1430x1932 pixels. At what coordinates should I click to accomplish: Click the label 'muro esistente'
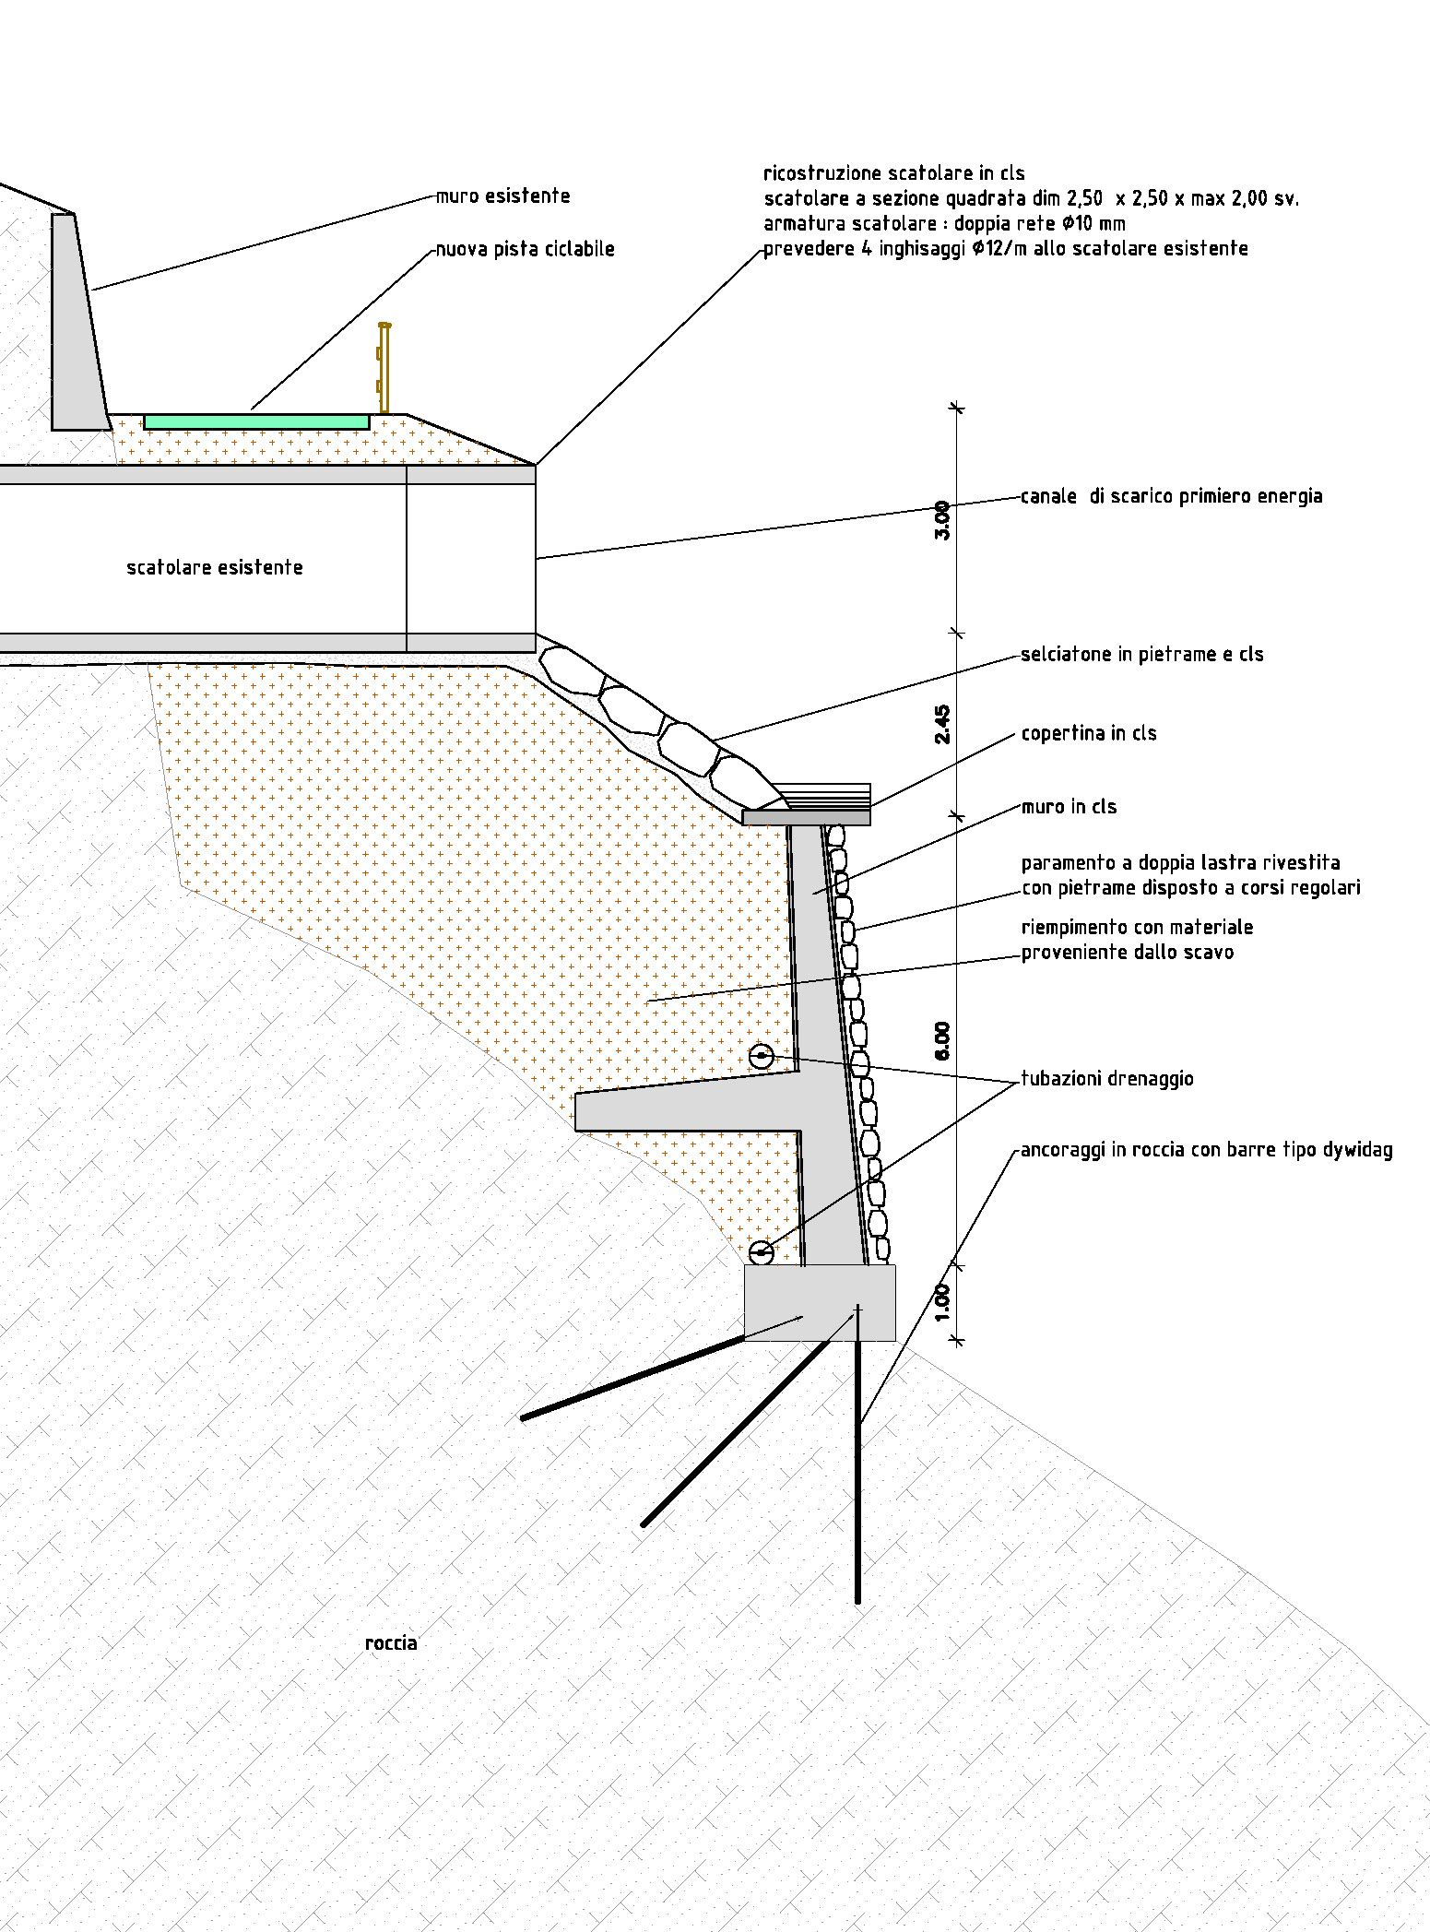point(502,196)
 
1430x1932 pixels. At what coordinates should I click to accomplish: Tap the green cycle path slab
point(256,421)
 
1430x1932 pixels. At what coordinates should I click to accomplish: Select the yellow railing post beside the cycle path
point(384,369)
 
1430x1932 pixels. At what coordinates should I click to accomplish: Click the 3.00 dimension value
point(941,520)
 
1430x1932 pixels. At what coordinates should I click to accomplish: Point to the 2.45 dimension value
point(941,724)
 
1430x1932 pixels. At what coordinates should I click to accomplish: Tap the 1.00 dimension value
point(941,1301)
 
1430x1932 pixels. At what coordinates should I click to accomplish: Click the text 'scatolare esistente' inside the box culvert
point(214,568)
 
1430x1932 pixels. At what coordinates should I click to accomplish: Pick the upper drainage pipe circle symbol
point(761,1057)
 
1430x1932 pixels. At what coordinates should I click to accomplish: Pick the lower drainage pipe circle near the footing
point(761,1252)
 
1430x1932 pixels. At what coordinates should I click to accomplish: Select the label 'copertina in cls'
point(1088,734)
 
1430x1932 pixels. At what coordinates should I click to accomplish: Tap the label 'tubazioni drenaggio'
point(1106,1079)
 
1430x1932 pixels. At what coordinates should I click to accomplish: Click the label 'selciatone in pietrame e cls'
point(1141,655)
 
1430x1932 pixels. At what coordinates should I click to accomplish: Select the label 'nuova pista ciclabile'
point(525,249)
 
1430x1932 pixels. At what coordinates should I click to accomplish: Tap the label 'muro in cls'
point(1069,807)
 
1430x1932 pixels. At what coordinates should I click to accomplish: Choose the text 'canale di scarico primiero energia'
point(1171,496)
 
